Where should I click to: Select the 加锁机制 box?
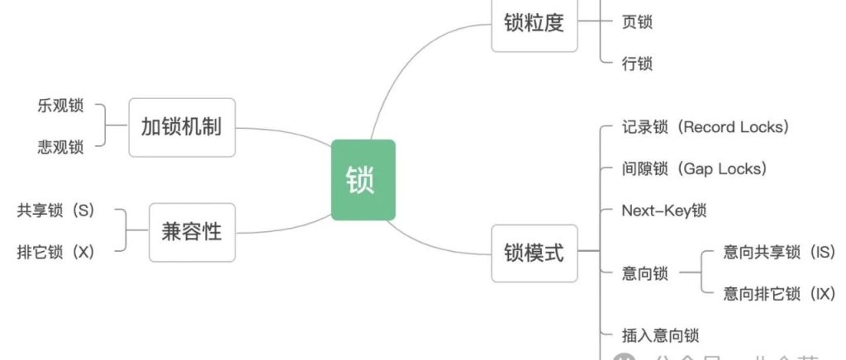pyautogui.click(x=182, y=127)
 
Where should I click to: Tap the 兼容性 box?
pyautogui.click(x=192, y=230)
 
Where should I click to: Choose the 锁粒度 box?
pyautogui.click(x=534, y=22)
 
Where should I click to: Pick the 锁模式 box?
pyautogui.click(x=534, y=252)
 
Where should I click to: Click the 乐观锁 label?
pyautogui.click(x=60, y=107)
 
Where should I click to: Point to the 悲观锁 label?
pyautogui.click(x=60, y=147)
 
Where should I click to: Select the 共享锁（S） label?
pyautogui.click(x=56, y=210)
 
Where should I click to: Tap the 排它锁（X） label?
pyautogui.click(x=56, y=251)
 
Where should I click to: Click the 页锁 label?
pyautogui.click(x=637, y=22)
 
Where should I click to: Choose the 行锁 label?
pyautogui.click(x=637, y=63)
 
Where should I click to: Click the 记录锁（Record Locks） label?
pyautogui.click(x=706, y=127)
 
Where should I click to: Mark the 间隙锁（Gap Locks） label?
pyautogui.click(x=694, y=168)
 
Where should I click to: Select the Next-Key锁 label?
pyautogui.click(x=663, y=210)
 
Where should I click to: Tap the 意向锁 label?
pyautogui.click(x=644, y=272)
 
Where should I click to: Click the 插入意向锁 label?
pyautogui.click(x=660, y=335)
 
